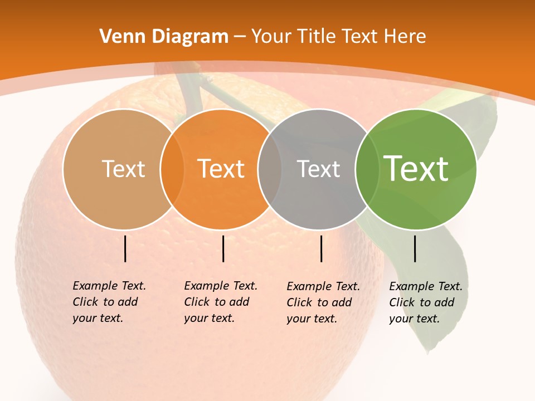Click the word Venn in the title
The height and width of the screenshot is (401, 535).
click(x=120, y=37)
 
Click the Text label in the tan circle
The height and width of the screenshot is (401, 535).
click(x=123, y=169)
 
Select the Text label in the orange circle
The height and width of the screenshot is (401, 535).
click(x=221, y=169)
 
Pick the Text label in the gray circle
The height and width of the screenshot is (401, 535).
click(x=318, y=169)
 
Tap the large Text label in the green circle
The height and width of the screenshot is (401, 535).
click(x=416, y=169)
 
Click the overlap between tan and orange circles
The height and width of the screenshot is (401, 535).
click(x=172, y=169)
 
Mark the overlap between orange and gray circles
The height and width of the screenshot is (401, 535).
click(x=270, y=169)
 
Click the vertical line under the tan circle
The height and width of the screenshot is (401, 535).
click(x=125, y=248)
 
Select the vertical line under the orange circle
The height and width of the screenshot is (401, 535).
click(x=223, y=248)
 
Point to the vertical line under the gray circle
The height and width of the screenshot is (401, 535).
click(x=322, y=248)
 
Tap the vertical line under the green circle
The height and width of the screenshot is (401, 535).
click(x=415, y=248)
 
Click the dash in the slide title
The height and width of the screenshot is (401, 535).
click(x=240, y=37)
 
